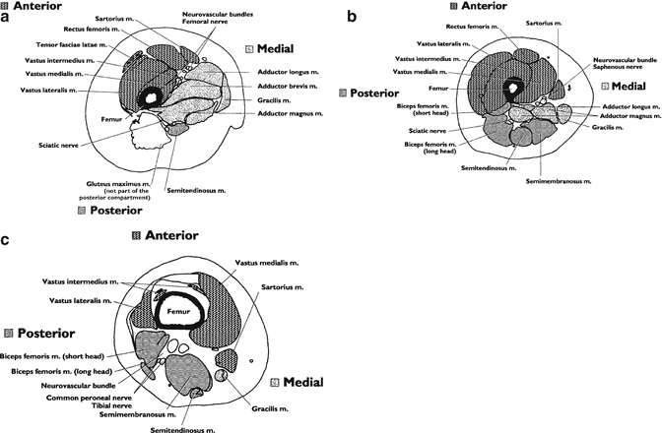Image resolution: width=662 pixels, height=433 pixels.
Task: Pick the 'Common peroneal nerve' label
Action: pos(81,397)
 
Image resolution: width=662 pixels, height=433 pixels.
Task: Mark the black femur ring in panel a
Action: pos(151,97)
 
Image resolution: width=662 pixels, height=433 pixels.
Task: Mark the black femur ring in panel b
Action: pos(513,88)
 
